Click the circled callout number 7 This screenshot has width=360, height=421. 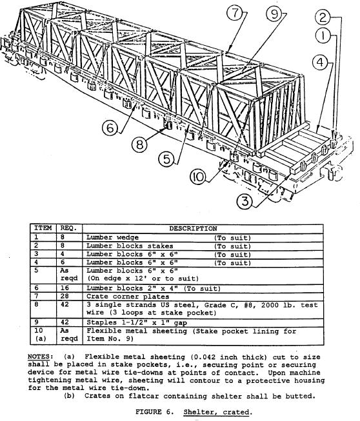pos(235,13)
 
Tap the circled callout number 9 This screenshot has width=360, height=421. pos(274,14)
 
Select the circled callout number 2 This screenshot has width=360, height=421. pos(323,17)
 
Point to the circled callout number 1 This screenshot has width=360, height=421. pos(323,35)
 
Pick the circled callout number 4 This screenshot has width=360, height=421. pos(320,63)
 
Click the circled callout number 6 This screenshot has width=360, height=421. pos(110,128)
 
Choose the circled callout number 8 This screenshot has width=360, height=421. pos(139,144)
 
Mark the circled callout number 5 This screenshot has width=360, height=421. pos(166,159)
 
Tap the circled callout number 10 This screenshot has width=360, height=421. pos(198,177)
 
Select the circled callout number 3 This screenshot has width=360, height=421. pos(245,201)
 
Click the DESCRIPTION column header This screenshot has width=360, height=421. pos(193,228)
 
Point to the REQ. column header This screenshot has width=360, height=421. pos(68,228)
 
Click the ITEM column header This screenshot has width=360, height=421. pos(43,228)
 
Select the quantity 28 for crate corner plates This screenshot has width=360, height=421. pos(65,296)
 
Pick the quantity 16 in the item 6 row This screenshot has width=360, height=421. pos(65,288)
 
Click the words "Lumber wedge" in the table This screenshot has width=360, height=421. pos(112,238)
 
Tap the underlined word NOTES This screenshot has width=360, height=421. pos(39,357)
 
